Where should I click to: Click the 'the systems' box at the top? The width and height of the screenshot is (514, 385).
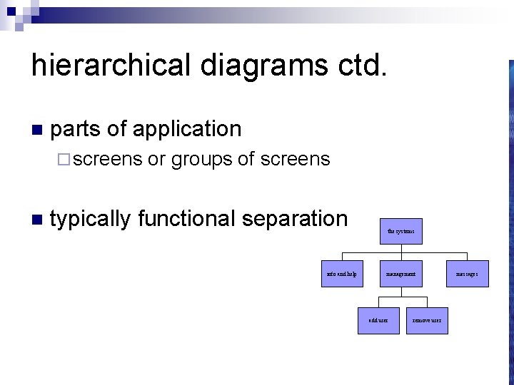point(400,231)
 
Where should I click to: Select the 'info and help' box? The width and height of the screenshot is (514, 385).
point(341,274)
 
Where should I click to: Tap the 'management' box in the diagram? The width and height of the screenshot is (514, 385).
point(400,274)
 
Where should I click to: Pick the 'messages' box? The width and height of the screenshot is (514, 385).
point(467,274)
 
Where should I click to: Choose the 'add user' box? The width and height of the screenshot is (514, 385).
point(378,320)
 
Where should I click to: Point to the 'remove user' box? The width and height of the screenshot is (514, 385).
point(427,320)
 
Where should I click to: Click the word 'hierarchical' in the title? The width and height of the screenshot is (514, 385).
point(111,66)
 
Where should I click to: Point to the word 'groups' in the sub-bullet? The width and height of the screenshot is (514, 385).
point(202,159)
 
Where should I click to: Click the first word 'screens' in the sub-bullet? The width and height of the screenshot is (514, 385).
point(108,159)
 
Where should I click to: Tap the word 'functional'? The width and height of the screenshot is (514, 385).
point(186,219)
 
